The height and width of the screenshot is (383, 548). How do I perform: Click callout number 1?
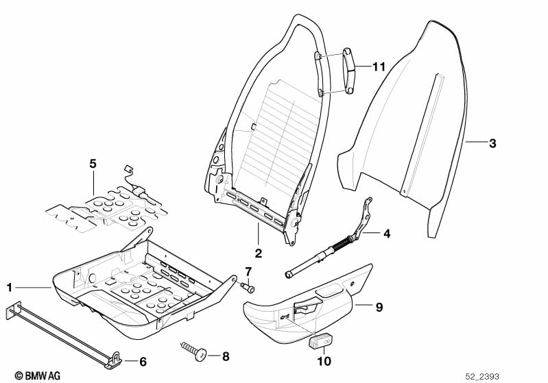click(10, 287)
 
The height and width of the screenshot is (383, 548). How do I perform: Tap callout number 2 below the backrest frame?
click(259, 253)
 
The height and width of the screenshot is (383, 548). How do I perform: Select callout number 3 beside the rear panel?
click(492, 143)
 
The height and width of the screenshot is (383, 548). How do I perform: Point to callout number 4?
click(387, 234)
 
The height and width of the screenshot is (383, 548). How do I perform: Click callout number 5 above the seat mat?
click(93, 163)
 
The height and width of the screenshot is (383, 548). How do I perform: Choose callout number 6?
click(143, 362)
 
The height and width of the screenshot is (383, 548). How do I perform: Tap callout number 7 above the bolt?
click(248, 271)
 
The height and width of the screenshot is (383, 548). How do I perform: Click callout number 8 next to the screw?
click(226, 356)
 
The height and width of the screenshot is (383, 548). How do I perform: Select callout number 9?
click(379, 307)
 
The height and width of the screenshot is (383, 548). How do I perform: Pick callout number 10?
click(324, 361)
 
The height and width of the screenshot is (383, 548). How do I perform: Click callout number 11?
click(379, 66)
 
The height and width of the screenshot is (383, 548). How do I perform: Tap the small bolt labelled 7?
click(248, 287)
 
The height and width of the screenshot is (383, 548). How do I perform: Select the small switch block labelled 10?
click(320, 341)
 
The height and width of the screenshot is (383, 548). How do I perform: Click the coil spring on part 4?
click(342, 243)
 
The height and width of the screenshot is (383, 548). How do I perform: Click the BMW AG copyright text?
click(38, 375)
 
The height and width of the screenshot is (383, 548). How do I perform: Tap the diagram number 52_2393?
click(482, 376)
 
